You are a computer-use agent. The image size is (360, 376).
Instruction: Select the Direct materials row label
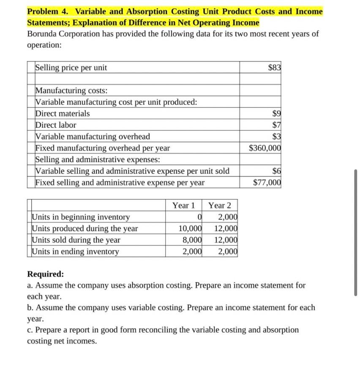(63, 113)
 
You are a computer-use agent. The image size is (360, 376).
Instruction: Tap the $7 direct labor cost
(277, 125)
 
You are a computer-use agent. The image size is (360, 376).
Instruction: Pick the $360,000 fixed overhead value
(265, 148)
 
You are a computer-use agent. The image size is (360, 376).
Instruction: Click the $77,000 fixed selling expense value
(267, 182)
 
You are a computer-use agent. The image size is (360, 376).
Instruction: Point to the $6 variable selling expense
(277, 171)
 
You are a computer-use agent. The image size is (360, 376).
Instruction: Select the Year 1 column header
(183, 206)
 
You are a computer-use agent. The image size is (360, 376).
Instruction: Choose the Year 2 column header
(220, 206)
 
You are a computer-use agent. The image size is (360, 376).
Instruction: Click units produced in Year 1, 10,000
(190, 229)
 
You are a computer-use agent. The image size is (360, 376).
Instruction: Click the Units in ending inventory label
(76, 252)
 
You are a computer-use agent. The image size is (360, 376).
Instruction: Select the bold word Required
(45, 274)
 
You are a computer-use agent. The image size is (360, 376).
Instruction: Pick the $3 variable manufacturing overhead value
(277, 136)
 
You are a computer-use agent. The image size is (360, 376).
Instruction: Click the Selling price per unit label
(71, 67)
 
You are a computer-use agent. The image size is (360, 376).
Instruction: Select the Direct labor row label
(56, 125)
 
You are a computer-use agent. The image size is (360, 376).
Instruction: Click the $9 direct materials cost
(277, 113)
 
